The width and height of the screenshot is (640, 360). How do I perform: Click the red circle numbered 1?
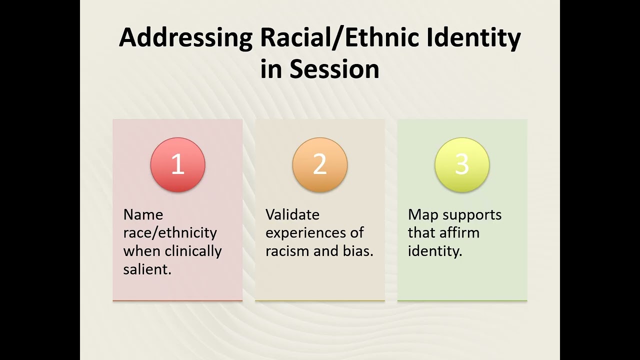177,164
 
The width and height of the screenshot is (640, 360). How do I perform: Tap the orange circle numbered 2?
320,164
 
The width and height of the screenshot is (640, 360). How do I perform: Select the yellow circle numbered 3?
462,164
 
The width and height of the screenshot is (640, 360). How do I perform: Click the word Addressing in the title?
185,38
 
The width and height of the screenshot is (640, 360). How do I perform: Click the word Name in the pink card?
143,214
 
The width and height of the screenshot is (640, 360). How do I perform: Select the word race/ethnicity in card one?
170,233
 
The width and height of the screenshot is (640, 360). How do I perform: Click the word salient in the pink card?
146,269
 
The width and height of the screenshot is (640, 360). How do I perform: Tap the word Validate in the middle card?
292,214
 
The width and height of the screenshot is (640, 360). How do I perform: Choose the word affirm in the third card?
459,232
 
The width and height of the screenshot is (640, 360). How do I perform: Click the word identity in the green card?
434,250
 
